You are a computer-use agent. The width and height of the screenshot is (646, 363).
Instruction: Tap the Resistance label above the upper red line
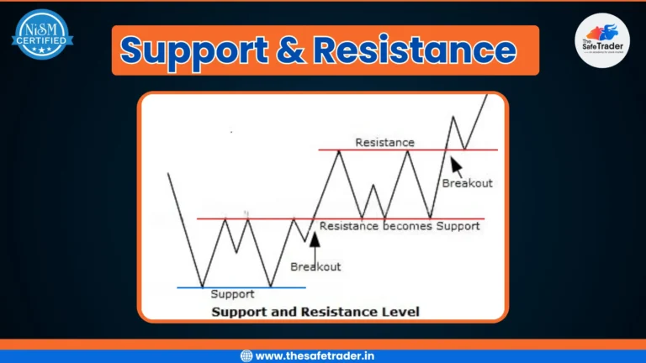[384, 142]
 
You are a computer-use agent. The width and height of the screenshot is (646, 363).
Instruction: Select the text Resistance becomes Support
[400, 225]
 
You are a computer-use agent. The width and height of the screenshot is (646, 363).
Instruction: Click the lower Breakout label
[315, 266]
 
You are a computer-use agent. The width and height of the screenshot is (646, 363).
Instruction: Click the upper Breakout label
[467, 183]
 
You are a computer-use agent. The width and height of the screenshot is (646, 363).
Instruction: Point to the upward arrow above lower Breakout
[315, 245]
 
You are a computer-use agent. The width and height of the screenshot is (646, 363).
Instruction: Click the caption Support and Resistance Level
[315, 312]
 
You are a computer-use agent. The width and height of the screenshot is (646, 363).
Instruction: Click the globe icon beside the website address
[246, 355]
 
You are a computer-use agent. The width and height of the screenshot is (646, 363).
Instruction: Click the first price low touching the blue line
[202, 287]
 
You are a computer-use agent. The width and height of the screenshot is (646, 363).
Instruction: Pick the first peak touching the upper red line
[339, 150]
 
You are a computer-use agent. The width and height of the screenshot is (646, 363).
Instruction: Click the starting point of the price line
[169, 174]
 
